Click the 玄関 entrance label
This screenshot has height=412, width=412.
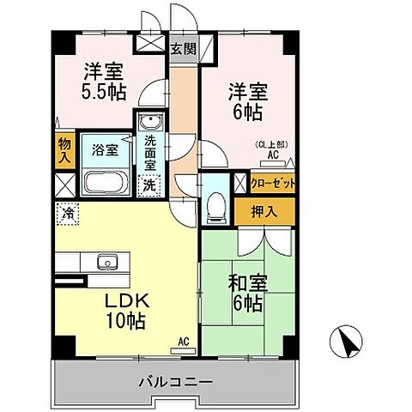pyautogui.click(x=182, y=48)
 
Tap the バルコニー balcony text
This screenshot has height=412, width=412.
pyautogui.click(x=174, y=380)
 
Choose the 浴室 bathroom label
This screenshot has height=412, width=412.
pyautogui.click(x=106, y=149)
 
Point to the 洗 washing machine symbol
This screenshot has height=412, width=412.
pyautogui.click(x=149, y=183)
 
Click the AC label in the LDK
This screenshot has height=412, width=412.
pyautogui.click(x=182, y=341)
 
